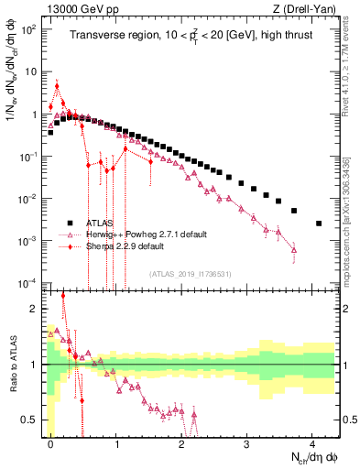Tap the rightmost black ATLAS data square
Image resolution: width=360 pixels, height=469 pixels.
pos(319,223)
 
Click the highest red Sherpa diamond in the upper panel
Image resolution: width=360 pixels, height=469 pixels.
pos(57,87)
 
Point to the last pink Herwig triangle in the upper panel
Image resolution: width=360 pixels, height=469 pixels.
pos(294,249)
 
